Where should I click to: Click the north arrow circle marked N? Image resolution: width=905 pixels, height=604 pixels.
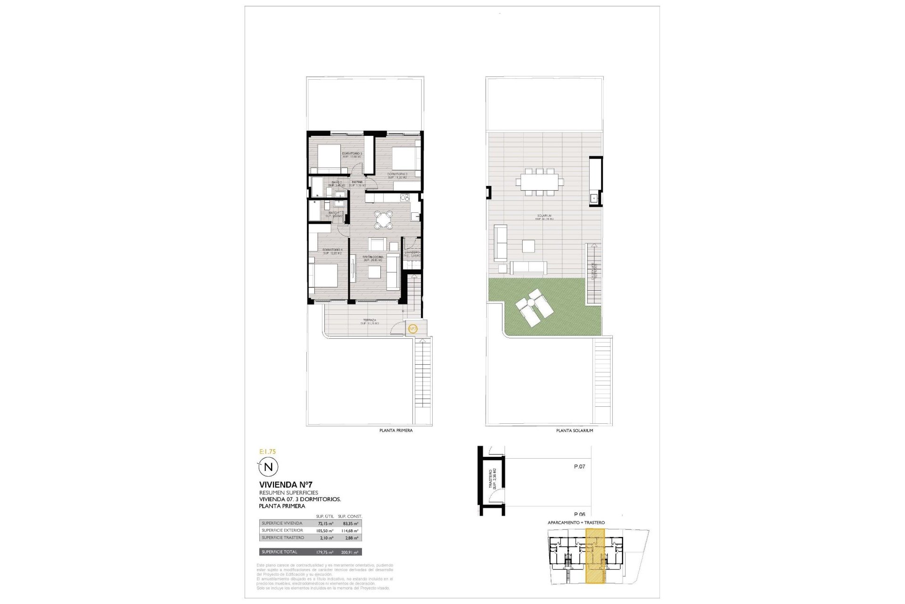(268, 467)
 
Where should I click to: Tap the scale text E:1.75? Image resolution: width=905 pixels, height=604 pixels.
(268, 452)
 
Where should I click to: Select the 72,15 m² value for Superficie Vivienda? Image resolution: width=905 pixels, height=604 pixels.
(325, 523)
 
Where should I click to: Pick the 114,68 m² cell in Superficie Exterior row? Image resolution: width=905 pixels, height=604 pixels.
(350, 530)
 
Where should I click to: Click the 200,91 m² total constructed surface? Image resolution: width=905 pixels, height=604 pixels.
(350, 552)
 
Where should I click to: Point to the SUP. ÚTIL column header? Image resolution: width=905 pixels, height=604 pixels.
(325, 516)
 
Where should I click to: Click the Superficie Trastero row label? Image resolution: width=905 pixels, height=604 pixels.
(283, 537)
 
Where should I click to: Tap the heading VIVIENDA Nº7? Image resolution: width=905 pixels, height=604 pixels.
(286, 485)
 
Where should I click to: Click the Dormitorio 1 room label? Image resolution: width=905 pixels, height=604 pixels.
(332, 250)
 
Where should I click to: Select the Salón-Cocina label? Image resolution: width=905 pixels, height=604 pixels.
(373, 257)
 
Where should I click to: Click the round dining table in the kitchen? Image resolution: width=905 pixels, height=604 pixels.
(384, 219)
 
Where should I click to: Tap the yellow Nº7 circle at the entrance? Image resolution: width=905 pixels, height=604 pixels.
(412, 328)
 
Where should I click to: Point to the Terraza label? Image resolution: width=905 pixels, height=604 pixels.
(370, 320)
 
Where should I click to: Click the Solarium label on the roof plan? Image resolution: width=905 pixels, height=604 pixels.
(544, 216)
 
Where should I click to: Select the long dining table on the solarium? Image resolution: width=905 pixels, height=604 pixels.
(540, 181)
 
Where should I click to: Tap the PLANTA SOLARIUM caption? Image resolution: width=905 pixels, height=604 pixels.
(575, 430)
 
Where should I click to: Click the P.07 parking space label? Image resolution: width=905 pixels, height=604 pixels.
(579, 467)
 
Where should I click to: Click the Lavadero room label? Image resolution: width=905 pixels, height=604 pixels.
(412, 252)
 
